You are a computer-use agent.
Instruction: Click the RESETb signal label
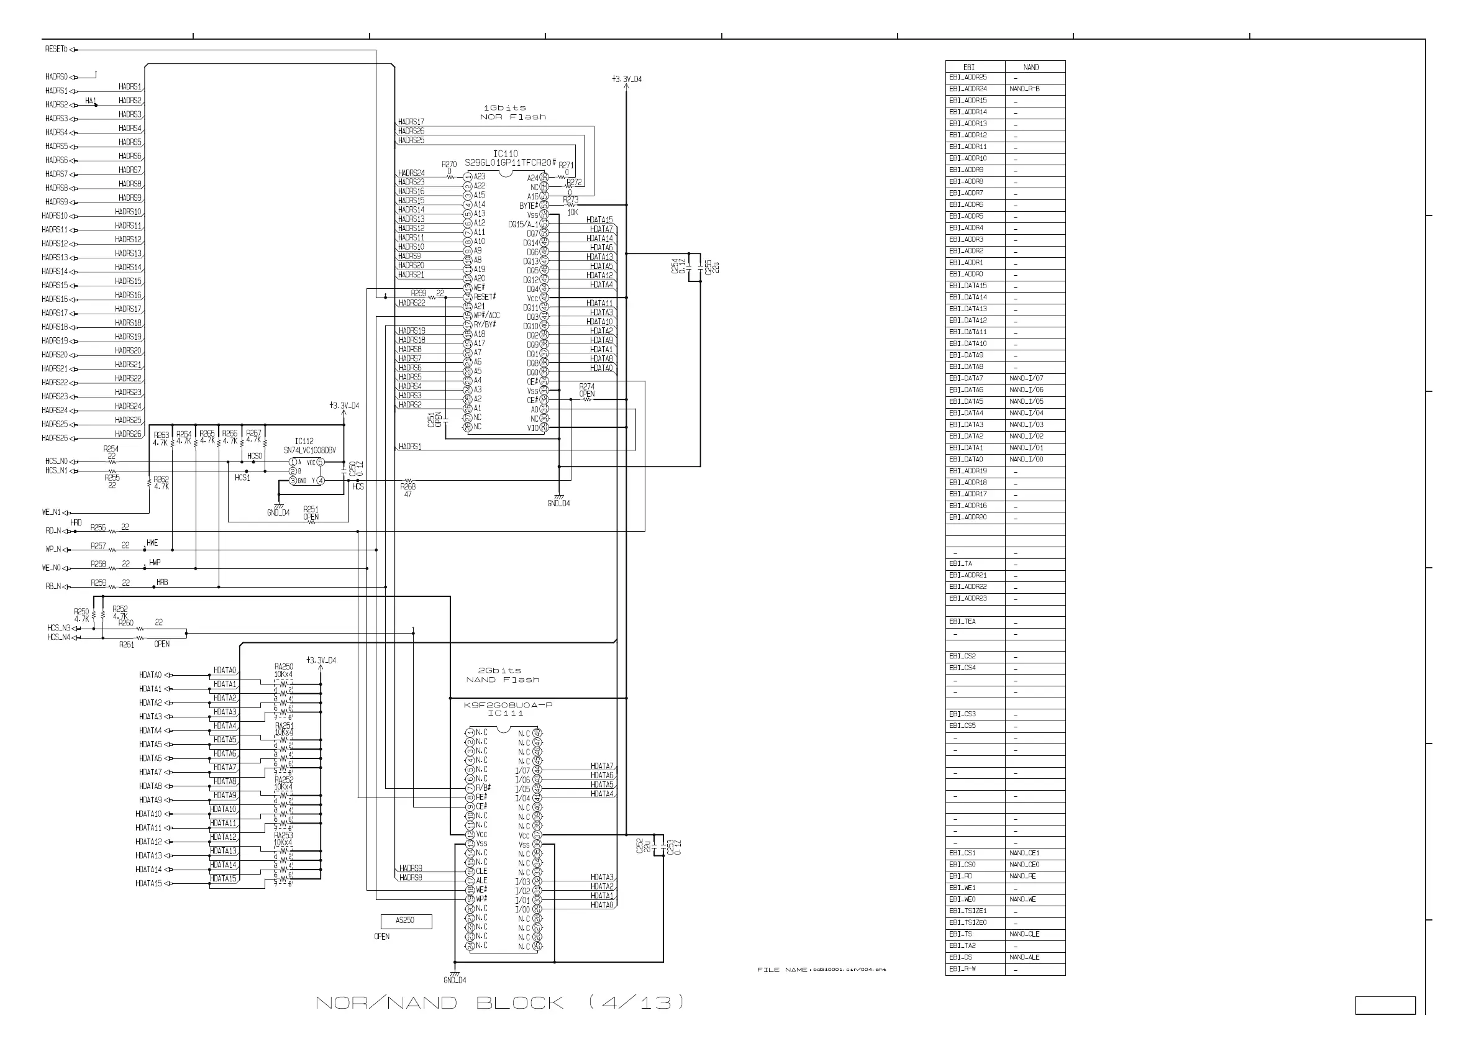(x=55, y=49)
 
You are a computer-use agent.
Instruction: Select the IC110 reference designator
(x=505, y=154)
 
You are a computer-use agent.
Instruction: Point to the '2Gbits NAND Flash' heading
(x=503, y=675)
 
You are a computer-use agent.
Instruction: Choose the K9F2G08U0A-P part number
(x=507, y=705)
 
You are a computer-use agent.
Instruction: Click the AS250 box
(x=405, y=921)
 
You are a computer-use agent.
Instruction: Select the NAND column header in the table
(x=1031, y=67)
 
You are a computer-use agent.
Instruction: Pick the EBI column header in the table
(x=969, y=67)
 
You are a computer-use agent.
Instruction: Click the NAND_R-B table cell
(x=1024, y=89)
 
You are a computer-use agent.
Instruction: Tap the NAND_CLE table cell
(x=1024, y=934)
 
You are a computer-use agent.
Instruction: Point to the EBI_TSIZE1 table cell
(x=968, y=911)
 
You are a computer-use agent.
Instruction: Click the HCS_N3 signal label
(x=58, y=628)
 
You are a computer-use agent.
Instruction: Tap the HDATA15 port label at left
(x=148, y=884)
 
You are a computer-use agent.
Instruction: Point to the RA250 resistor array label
(x=283, y=666)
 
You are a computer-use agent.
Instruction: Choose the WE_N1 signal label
(x=52, y=512)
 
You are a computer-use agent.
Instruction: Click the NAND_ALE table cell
(x=1024, y=957)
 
